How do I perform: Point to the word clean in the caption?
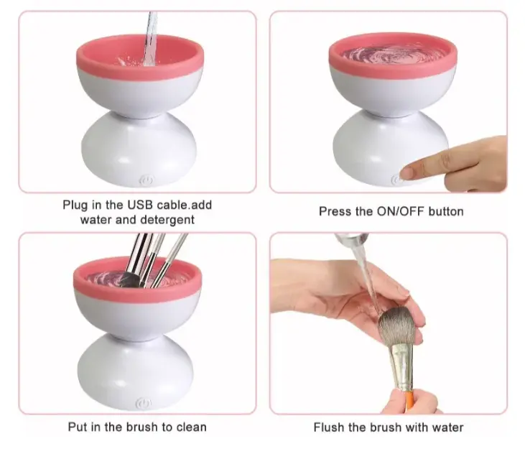[x=191, y=427]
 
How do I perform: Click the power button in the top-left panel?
[x=146, y=181]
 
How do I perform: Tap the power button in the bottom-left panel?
[x=143, y=404]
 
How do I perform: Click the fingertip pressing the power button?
[x=407, y=173]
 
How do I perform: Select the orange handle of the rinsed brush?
[x=409, y=402]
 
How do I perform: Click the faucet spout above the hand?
[x=352, y=238]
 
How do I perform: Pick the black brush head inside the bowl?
[x=129, y=280]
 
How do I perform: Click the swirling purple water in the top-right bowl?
[x=392, y=55]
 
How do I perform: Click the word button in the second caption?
[x=446, y=212]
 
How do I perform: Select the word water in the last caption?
[x=447, y=427]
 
